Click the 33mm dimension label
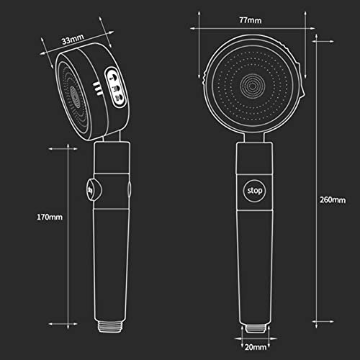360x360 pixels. (73, 39)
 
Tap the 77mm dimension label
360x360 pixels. (251, 20)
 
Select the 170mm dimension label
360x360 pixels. (50, 217)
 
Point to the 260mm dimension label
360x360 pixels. (333, 199)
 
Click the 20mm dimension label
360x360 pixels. (256, 347)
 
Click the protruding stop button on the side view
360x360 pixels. (94, 190)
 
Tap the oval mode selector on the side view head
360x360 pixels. (115, 87)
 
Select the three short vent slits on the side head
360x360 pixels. (98, 89)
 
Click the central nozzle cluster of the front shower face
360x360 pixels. (253, 86)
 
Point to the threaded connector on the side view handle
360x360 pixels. (110, 326)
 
